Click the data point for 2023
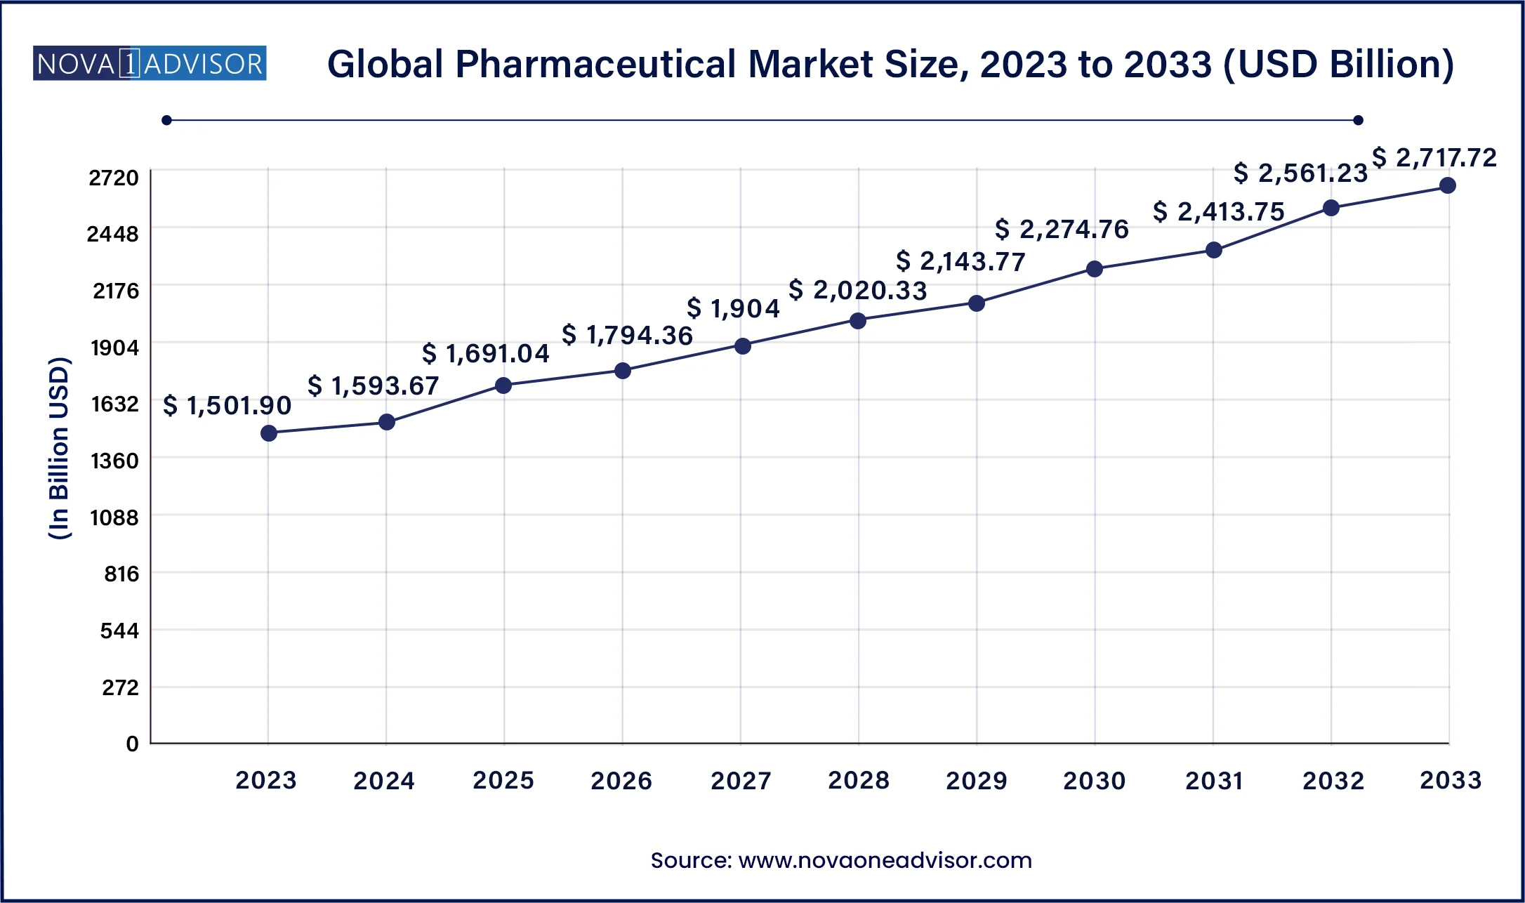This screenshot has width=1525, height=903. pyautogui.click(x=269, y=433)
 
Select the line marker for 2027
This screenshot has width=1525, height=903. pyautogui.click(x=743, y=345)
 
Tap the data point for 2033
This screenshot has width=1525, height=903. pyautogui.click(x=1448, y=185)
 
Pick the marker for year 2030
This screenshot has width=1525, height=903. pyautogui.click(x=1095, y=269)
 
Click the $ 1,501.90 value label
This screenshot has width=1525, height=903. pyautogui.click(x=227, y=405)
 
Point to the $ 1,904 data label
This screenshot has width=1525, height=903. pyautogui.click(x=733, y=308)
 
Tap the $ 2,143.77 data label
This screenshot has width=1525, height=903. pyautogui.click(x=960, y=261)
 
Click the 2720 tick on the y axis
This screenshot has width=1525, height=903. pyautogui.click(x=114, y=178)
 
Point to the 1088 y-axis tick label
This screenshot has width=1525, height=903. pyautogui.click(x=114, y=518)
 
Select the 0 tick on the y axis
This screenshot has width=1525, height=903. pyautogui.click(x=132, y=744)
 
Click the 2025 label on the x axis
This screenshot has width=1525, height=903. pyautogui.click(x=503, y=780)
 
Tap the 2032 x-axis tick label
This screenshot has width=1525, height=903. pyautogui.click(x=1333, y=780)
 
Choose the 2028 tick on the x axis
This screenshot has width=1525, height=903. pyautogui.click(x=859, y=780)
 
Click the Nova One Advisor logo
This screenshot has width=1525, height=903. pyautogui.click(x=150, y=64)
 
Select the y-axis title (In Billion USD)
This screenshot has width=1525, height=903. pyautogui.click(x=60, y=448)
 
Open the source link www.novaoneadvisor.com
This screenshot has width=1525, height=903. pyautogui.click(x=885, y=860)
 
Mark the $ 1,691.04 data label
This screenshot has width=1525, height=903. pyautogui.click(x=486, y=353)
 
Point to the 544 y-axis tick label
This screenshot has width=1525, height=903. pyautogui.click(x=119, y=631)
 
